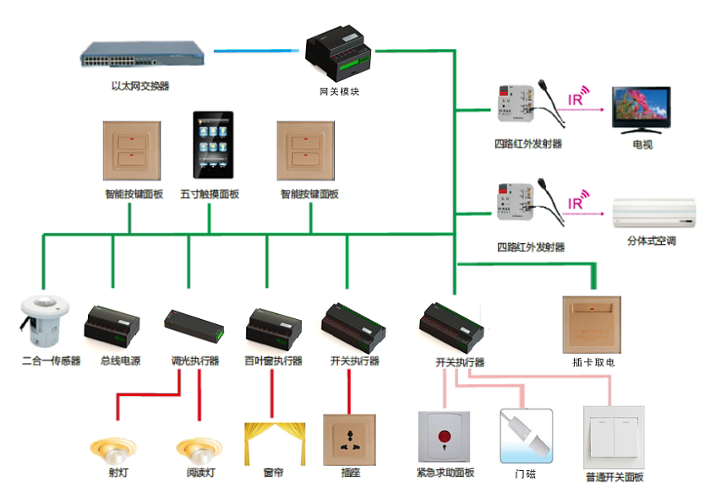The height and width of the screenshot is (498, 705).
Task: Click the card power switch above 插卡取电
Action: [592, 323]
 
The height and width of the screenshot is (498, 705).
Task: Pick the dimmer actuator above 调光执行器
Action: [194, 325]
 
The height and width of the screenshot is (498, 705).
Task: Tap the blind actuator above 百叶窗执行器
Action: [273, 326]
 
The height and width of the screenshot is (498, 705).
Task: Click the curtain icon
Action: [272, 442]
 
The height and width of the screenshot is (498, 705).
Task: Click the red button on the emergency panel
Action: [444, 437]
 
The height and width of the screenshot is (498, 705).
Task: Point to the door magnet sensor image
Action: [526, 435]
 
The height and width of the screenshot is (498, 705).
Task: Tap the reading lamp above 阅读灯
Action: [199, 447]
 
